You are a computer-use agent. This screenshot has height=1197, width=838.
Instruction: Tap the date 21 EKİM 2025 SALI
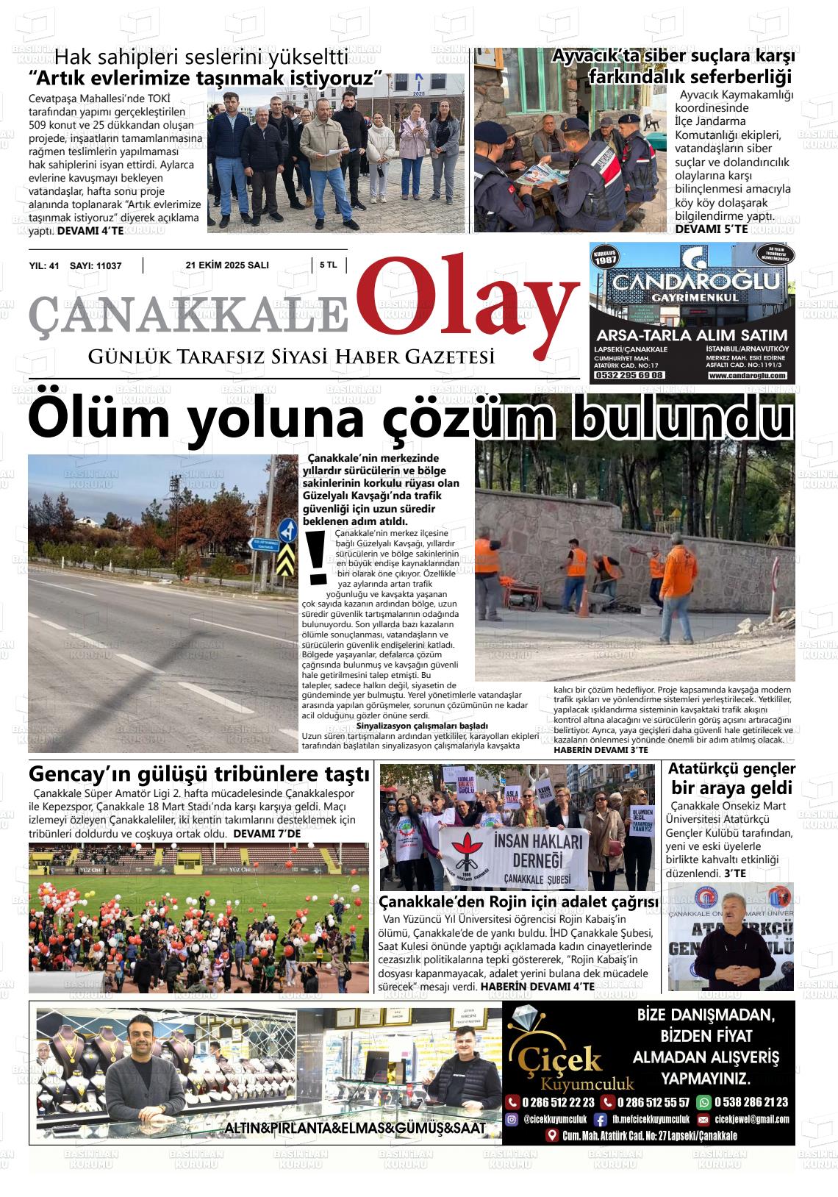pos(227,265)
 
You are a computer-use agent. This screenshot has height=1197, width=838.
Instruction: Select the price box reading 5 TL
pos(328,265)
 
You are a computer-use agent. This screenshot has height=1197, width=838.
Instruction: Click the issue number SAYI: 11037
pos(95,266)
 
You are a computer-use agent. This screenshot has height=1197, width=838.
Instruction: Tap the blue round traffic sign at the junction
pos(287,531)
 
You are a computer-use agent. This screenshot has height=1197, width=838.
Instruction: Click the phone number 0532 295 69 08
pos(628,375)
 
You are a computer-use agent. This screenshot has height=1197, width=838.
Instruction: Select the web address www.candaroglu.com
pos(747,376)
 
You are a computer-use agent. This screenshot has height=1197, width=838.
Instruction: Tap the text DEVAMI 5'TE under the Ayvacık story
pos(711,229)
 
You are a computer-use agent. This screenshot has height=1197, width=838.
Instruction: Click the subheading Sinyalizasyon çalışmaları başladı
pos(417,726)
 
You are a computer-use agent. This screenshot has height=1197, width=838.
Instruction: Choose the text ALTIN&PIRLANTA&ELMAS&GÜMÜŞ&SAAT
pos(355,1129)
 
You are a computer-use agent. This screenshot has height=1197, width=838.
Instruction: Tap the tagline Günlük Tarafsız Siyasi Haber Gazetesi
pos(291,357)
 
